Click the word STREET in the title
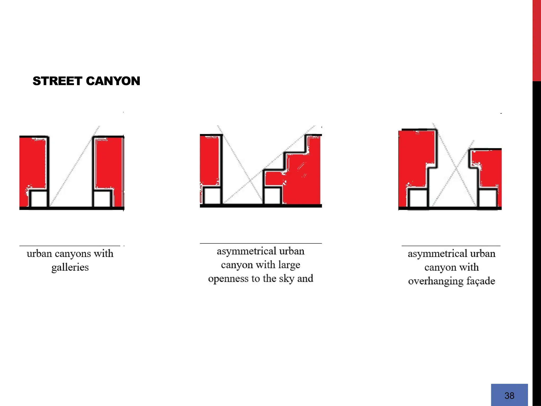click(x=57, y=81)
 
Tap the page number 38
click(x=509, y=396)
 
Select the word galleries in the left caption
click(x=70, y=267)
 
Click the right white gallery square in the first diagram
click(x=102, y=199)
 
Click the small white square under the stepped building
click(x=272, y=196)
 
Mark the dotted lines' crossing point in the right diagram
click(x=456, y=168)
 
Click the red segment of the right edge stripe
click(x=537, y=40)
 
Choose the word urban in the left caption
click(x=39, y=253)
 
